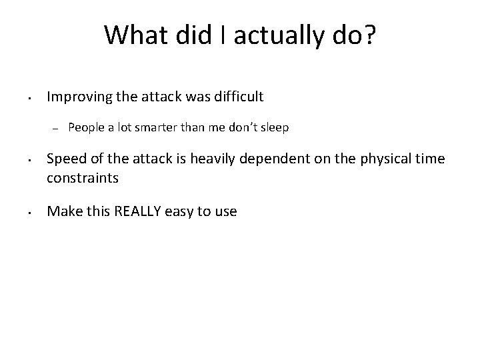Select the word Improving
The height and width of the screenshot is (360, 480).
(x=75, y=97)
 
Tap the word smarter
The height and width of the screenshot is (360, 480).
(x=155, y=127)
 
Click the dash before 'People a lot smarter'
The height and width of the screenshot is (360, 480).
(x=57, y=128)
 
